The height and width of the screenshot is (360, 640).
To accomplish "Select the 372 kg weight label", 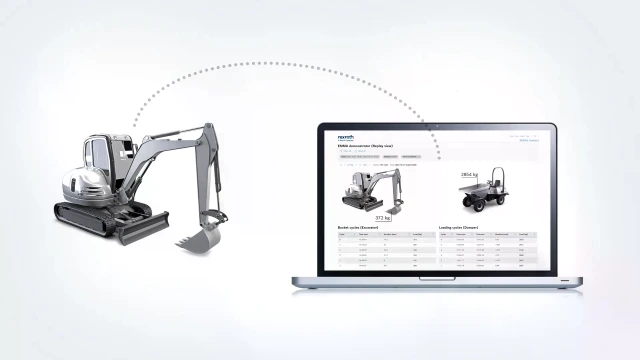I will pos(382,216).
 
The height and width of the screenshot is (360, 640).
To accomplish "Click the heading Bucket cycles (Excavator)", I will pos(362,227).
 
